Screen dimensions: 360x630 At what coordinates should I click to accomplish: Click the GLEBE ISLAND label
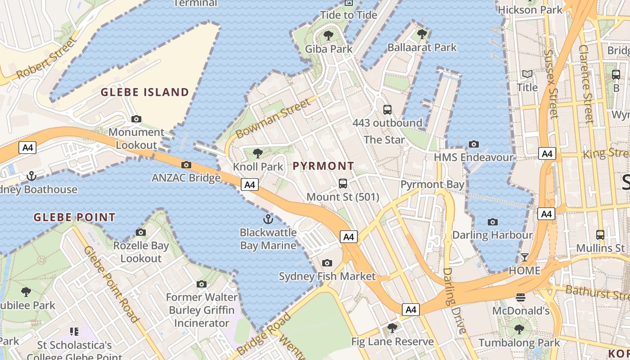coord(145,92)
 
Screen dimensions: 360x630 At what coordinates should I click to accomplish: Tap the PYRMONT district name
coord(324,166)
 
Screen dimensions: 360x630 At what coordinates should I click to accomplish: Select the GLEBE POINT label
coord(75,218)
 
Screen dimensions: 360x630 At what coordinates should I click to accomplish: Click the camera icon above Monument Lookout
coord(136,119)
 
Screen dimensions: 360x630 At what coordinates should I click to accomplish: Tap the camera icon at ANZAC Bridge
coord(186,165)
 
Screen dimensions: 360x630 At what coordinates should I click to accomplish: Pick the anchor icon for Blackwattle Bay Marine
coord(268,220)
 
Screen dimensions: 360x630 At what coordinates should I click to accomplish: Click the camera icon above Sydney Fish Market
coord(327,263)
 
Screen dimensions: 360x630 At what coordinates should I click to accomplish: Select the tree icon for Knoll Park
coord(258,154)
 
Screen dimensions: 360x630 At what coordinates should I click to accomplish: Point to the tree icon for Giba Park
coord(328,35)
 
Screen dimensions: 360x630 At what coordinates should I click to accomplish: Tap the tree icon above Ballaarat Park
coord(422,34)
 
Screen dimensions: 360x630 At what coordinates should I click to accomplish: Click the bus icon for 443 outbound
coord(387,109)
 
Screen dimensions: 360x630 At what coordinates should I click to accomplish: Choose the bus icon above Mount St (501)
coord(343,184)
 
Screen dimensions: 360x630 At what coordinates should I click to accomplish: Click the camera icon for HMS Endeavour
coord(473,144)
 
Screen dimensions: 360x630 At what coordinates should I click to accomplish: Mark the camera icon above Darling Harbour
coord(493,222)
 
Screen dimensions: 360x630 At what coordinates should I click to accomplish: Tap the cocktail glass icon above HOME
coord(524,257)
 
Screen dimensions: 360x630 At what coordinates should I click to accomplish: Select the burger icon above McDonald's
coord(521,297)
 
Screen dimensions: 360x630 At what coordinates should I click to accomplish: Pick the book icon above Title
coord(527,74)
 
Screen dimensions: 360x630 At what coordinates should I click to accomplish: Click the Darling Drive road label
coord(454,301)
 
